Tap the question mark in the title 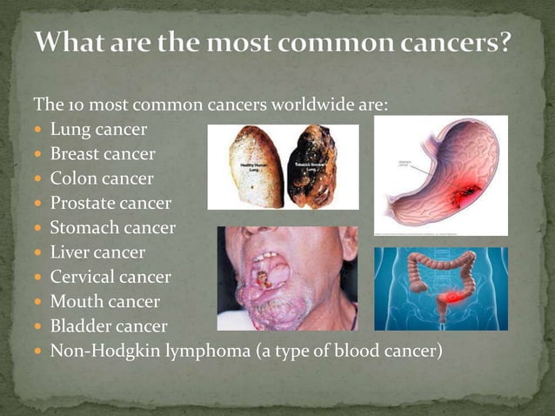pyautogui.click(x=503, y=42)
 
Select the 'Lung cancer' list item pyautogui.click(x=98, y=130)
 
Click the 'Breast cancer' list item pyautogui.click(x=103, y=154)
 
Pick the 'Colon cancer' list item pyautogui.click(x=102, y=178)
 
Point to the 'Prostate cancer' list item pyautogui.click(x=110, y=204)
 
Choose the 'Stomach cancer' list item pyautogui.click(x=112, y=228)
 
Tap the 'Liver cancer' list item pyautogui.click(x=97, y=252)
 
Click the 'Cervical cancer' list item pyautogui.click(x=110, y=278)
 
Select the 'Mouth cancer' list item pyautogui.click(x=105, y=302)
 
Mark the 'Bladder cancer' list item pyautogui.click(x=109, y=326)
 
